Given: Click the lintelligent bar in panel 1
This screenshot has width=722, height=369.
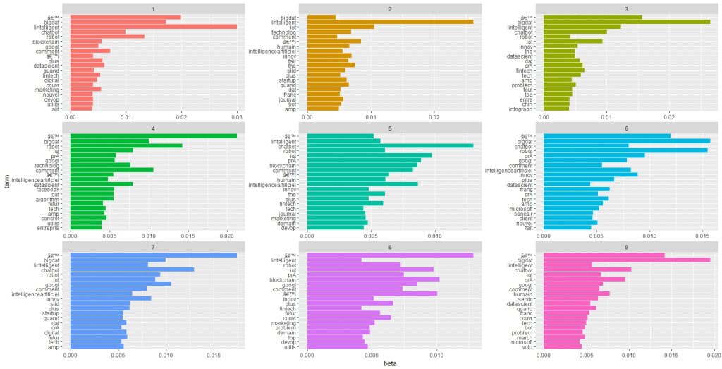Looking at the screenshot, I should pos(153,27).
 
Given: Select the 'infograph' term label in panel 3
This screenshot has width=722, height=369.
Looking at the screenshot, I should pos(522,109).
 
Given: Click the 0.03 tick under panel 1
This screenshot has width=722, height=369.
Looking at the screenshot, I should pos(237,118).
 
